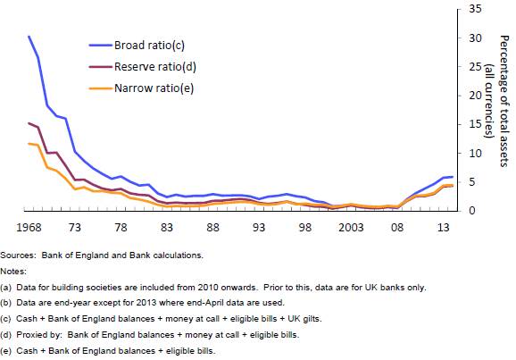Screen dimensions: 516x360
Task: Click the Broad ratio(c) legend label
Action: pos(149,46)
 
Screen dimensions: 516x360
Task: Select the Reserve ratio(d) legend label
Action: pos(155,66)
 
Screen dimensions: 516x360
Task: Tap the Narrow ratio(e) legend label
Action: pos(154,88)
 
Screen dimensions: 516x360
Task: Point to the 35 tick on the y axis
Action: pos(475,9)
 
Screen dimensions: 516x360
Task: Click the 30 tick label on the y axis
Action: pos(475,38)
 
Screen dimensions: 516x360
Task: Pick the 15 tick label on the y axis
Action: pos(475,124)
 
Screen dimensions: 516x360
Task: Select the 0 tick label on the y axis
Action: pos(472,211)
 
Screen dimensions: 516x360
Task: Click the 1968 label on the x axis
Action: pos(29,228)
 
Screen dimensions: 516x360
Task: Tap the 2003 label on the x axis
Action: pos(351,228)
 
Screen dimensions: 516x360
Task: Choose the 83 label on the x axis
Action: pos(167,228)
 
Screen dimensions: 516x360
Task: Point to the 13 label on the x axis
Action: pos(444,228)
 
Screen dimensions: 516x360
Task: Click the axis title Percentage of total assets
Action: pos(504,101)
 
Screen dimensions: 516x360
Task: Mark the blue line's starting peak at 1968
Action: pos(29,37)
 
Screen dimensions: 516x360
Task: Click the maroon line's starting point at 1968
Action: pos(29,123)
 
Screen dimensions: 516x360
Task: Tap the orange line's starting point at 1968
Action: pos(29,144)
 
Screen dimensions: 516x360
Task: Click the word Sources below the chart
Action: pos(18,255)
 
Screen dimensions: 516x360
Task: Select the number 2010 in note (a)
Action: pos(208,288)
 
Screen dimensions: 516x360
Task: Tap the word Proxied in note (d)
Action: pos(34,335)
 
